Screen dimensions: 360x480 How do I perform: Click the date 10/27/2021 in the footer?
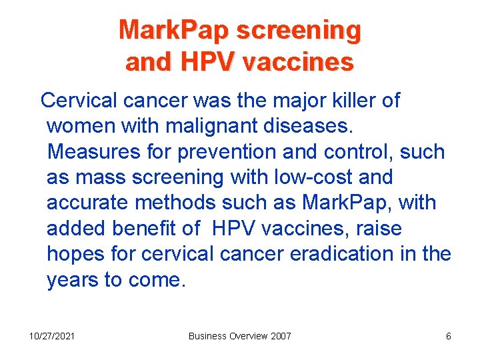[51, 336]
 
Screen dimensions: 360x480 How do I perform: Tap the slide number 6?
[449, 336]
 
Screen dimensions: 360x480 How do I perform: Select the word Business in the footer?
[208, 336]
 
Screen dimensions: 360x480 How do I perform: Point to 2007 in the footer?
[281, 336]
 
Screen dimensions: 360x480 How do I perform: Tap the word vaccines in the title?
[298, 62]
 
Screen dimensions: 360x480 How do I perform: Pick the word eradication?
[339, 255]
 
